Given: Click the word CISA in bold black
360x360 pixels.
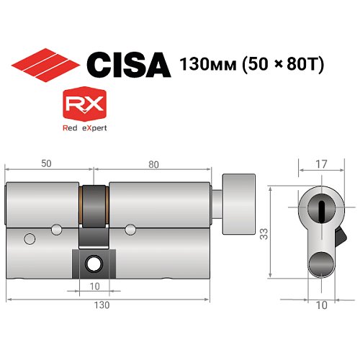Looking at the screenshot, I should pyautogui.click(x=127, y=64).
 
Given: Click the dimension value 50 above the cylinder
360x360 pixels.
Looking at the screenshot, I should pyautogui.click(x=47, y=164).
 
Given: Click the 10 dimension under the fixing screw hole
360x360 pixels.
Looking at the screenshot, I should pyautogui.click(x=94, y=287).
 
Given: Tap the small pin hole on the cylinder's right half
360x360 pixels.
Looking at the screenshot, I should pyautogui.click(x=130, y=230).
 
